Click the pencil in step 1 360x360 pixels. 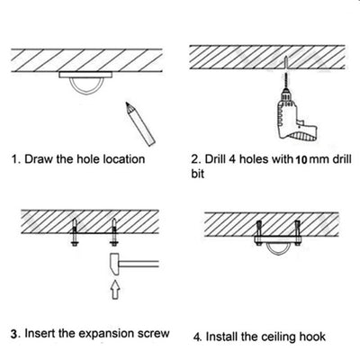(139, 123)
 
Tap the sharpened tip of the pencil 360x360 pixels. (127, 103)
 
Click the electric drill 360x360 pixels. (295, 115)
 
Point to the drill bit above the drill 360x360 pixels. (286, 79)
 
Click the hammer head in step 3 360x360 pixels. (114, 264)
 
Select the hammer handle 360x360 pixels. (139, 264)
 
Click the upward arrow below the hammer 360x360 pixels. (115, 290)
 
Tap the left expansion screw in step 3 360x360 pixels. (74, 232)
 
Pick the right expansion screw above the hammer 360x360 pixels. (113, 232)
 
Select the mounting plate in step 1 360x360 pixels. (85, 75)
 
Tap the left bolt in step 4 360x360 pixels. (259, 233)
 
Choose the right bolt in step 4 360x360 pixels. (298, 233)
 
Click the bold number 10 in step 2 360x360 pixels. (301, 160)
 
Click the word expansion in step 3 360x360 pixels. (105, 334)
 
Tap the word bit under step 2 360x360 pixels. (198, 174)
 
